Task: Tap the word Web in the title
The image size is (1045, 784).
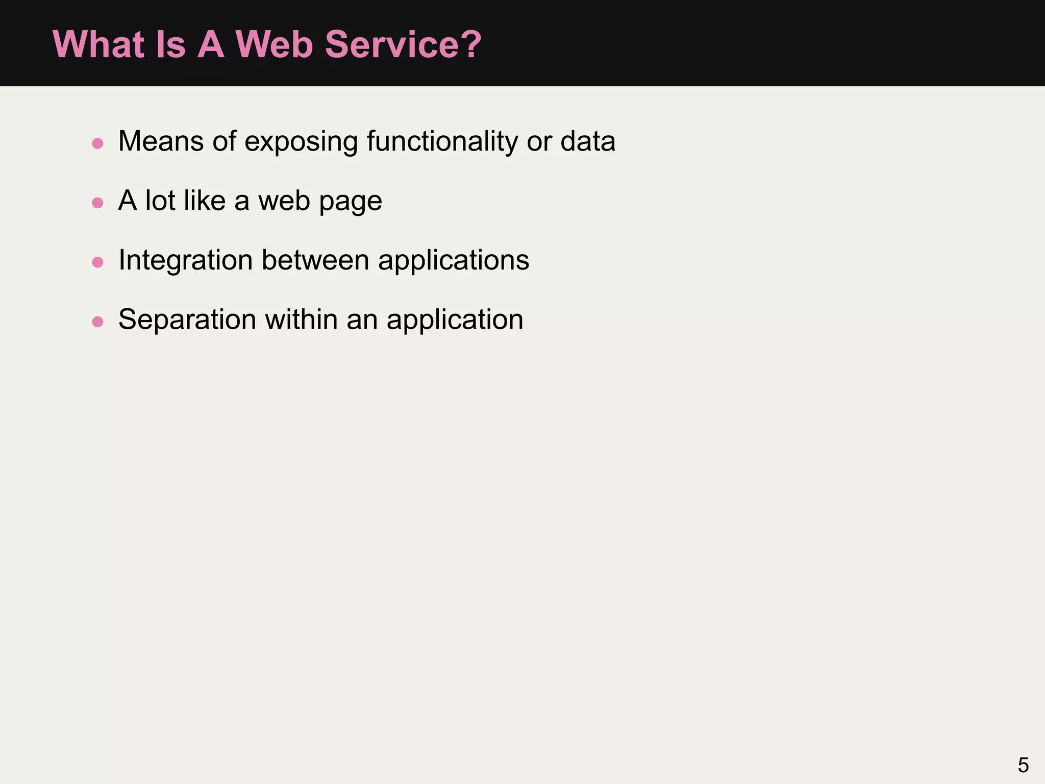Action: tap(273, 44)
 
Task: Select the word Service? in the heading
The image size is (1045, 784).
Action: tap(403, 44)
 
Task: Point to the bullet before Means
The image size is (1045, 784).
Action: tap(97, 143)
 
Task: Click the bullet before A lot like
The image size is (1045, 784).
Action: tap(97, 203)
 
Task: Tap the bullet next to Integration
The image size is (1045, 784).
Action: tap(97, 262)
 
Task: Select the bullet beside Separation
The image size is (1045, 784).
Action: tap(97, 322)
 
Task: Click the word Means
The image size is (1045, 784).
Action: tap(161, 141)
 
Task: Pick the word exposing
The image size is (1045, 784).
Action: tap(301, 142)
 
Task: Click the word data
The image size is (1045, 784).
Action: tap(588, 141)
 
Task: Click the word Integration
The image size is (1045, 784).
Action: tap(186, 261)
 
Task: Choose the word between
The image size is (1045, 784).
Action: tap(315, 260)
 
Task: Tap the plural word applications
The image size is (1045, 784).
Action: tap(453, 261)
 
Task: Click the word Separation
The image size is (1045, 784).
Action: tap(187, 320)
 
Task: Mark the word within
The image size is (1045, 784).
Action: tap(301, 319)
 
